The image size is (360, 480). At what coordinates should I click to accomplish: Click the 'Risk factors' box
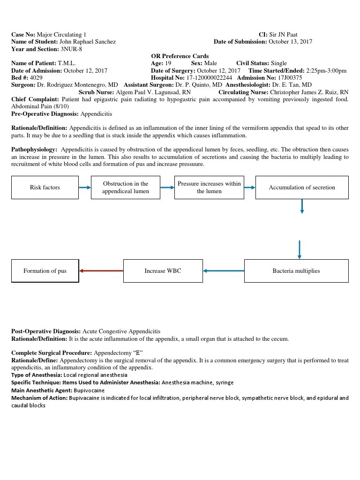(45, 187)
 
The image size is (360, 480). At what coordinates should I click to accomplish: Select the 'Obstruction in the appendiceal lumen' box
(126, 187)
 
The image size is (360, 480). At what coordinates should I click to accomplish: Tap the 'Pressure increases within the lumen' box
(209, 187)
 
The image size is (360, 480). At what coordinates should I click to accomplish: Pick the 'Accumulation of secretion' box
(302, 187)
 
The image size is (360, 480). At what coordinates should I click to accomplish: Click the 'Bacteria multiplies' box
(296, 271)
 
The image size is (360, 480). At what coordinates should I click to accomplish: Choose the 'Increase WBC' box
(163, 271)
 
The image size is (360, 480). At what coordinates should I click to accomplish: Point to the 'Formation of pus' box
(45, 271)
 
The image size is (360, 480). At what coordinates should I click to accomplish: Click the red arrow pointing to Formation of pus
(101, 271)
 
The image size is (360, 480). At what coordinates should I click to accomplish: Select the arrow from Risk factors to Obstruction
(85, 187)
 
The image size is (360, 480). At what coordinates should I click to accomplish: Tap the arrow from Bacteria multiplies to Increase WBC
(224, 271)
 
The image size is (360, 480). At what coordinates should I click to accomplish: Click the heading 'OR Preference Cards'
(180, 56)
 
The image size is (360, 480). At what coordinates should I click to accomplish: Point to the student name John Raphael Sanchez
(88, 42)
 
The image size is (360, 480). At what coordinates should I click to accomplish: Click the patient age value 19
(168, 63)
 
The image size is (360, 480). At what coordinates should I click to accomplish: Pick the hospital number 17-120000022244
(209, 78)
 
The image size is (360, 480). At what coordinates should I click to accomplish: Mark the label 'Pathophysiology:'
(34, 150)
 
